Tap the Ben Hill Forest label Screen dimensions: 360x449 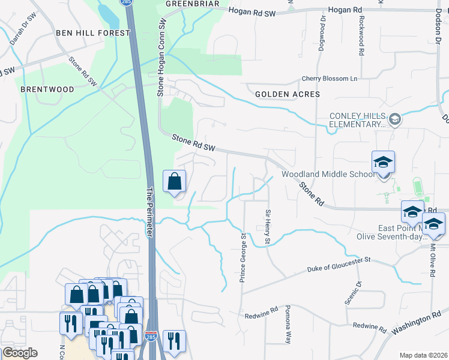[x=92, y=33]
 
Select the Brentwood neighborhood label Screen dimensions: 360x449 [x=47, y=89]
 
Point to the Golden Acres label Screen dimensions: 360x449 [x=288, y=94]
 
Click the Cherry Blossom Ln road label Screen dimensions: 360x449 [x=329, y=79]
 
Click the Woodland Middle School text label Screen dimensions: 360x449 [x=328, y=175]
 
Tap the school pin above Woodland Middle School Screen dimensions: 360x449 [x=383, y=163]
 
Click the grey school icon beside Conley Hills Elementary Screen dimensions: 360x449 [x=395, y=120]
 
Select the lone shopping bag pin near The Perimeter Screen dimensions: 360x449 [x=174, y=181]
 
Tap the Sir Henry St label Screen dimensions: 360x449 [x=268, y=227]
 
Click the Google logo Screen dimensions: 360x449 [x=20, y=353]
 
